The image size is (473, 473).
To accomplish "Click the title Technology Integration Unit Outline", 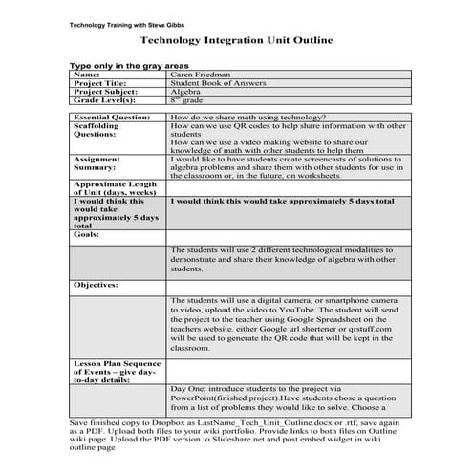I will pyautogui.click(x=236, y=41).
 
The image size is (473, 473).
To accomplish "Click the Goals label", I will pyautogui.click(x=87, y=233).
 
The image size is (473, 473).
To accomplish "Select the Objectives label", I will pyautogui.click(x=96, y=285).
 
